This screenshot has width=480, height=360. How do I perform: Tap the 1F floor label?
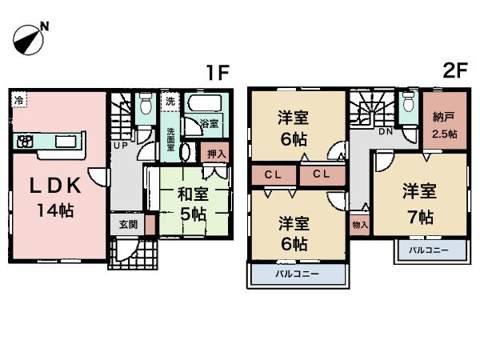(217, 73)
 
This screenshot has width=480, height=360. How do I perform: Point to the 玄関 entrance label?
(127, 225)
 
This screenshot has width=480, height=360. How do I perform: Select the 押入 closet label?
(216, 153)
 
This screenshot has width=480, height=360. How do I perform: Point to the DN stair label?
(385, 131)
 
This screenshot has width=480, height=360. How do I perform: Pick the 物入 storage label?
(359, 225)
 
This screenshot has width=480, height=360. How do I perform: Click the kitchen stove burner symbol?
(24, 142)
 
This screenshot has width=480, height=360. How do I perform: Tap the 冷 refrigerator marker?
(18, 101)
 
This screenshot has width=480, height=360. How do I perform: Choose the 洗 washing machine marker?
(170, 102)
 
